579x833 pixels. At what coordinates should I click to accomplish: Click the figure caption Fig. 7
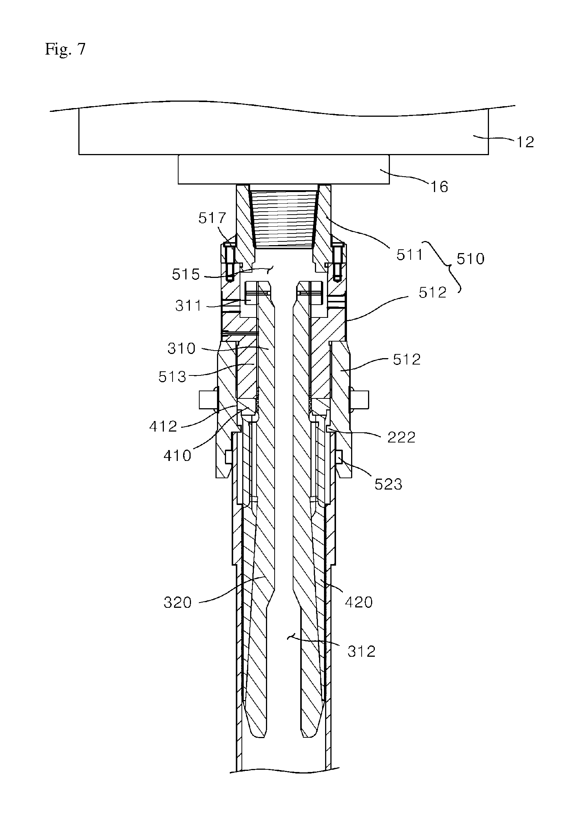66,49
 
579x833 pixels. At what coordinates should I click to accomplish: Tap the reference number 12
524,142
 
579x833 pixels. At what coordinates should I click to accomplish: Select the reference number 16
439,187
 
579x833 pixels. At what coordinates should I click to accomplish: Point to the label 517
212,218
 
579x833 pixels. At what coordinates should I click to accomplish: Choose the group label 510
471,259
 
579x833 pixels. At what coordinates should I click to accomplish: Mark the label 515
186,275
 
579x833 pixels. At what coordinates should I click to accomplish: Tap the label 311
188,305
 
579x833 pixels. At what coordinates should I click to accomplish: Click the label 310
182,348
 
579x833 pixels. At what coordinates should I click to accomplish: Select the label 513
173,377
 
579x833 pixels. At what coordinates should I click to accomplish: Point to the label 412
163,426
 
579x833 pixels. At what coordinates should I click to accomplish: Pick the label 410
177,456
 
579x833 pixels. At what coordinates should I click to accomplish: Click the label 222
402,437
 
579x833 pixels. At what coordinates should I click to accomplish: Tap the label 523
388,484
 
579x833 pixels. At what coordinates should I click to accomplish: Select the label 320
178,603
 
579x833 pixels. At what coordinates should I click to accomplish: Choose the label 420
359,603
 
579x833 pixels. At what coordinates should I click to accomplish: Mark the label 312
362,651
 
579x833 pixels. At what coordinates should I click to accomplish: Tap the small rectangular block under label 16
284,169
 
